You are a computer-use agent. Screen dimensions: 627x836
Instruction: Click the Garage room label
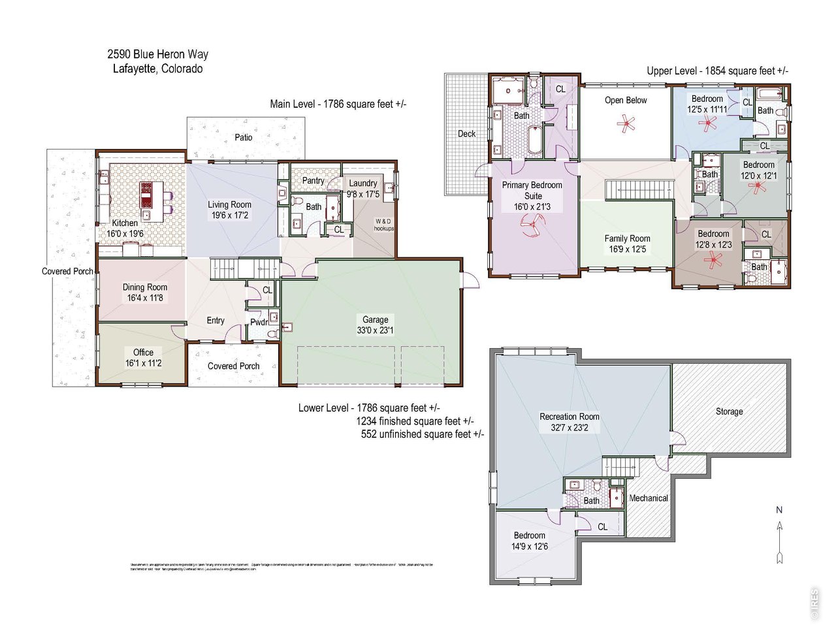(376, 319)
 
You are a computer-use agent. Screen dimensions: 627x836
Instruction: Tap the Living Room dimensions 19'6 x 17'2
(229, 215)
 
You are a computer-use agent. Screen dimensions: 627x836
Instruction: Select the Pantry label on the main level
(313, 180)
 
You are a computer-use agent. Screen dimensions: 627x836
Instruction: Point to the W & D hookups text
(383, 225)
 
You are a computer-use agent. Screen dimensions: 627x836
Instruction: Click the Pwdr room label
(259, 322)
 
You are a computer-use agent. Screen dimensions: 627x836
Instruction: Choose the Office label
(143, 352)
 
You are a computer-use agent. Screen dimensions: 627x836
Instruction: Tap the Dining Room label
(145, 287)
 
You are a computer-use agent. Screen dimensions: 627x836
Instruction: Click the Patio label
(244, 137)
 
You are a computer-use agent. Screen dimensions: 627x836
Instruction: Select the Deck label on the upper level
(466, 133)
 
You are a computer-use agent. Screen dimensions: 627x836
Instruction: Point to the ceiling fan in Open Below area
(628, 123)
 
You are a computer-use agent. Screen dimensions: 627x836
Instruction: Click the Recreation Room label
(569, 416)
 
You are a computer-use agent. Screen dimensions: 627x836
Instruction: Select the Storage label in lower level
(729, 411)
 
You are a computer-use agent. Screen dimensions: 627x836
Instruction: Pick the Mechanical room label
(648, 498)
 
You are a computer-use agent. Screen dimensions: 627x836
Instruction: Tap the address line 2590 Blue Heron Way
(158, 55)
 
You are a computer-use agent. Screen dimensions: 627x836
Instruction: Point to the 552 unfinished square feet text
(422, 434)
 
